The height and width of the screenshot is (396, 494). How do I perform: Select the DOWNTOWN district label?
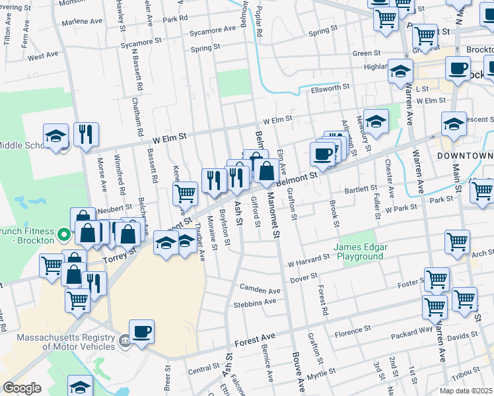pyautogui.click(x=465, y=155)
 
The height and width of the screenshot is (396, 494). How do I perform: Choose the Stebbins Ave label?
pyautogui.click(x=255, y=303)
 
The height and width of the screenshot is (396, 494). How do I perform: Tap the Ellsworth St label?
pyautogui.click(x=330, y=87)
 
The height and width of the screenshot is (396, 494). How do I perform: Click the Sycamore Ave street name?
pyautogui.click(x=212, y=30)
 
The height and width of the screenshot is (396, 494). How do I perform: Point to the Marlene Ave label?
pyautogui.click(x=82, y=21)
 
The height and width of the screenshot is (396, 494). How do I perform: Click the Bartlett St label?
pyautogui.click(x=359, y=189)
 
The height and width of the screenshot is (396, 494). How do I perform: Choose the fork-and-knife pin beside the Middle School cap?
pyautogui.click(x=86, y=135)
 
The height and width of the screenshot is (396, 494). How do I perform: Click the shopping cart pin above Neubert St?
pyautogui.click(x=186, y=193)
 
